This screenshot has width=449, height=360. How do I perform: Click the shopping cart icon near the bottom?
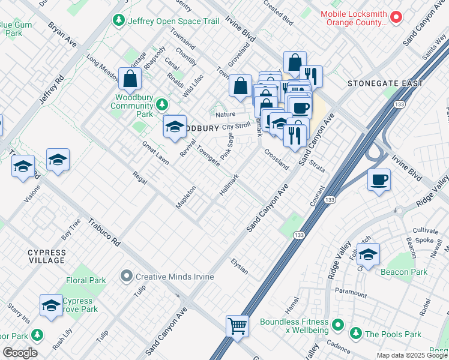pos(238,327)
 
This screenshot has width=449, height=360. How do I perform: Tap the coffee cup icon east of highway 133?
pos(378,181)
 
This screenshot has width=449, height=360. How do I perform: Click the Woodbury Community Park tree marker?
pos(161,105)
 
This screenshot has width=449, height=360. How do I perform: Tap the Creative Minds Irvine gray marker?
pos(125,277)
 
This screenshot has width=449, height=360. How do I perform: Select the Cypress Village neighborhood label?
pos(46,256)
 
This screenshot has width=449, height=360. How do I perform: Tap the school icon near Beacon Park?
pos(368,254)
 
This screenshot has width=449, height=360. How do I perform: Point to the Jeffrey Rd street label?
pos(51,90)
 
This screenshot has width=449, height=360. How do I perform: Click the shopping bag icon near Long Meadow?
pos(130,79)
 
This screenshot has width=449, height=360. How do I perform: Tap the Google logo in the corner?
pos(20,353)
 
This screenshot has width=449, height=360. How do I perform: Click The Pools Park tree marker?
pos(355,333)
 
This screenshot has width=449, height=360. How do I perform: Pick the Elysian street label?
pos(240,266)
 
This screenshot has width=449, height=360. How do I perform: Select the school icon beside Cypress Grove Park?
pos(52,305)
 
